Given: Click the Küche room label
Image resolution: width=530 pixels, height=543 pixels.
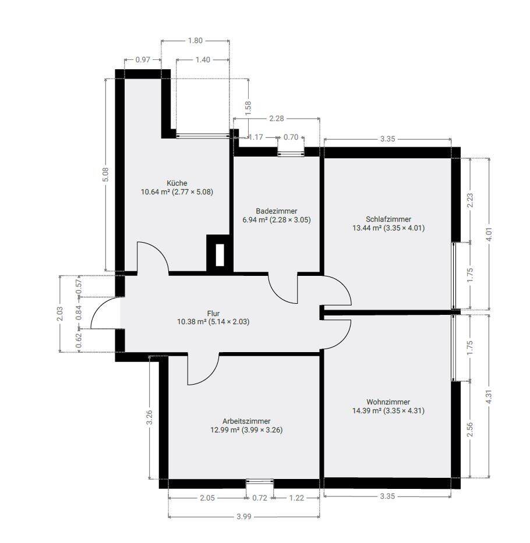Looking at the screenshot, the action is click(177, 183).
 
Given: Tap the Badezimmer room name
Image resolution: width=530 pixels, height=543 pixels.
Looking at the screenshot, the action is click(277, 211).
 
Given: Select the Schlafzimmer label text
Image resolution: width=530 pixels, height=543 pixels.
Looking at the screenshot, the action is click(388, 219).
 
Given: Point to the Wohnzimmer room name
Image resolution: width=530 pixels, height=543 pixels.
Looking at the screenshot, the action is click(388, 402).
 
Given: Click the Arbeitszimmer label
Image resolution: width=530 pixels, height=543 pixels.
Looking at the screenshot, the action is click(246, 421).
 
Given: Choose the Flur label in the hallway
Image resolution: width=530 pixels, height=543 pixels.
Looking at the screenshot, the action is click(213, 313).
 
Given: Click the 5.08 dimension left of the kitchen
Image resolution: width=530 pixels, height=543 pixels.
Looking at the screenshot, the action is click(106, 175).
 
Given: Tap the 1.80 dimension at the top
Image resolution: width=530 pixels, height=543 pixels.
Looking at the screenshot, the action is click(195, 41).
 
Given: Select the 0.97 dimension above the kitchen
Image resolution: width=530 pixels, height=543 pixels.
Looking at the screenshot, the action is click(143, 59).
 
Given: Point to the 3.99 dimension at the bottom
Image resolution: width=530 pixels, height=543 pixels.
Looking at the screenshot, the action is click(243, 516).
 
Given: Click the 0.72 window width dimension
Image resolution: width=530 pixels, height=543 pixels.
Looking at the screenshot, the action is click(260, 498).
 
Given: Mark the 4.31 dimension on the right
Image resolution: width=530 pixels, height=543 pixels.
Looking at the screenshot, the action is click(489, 396).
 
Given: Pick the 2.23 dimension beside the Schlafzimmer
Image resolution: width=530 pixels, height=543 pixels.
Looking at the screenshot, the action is click(470, 200).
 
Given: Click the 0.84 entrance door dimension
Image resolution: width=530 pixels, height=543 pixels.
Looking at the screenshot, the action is click(79, 313).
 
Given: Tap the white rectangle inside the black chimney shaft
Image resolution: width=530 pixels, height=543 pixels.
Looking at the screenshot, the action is click(220, 255).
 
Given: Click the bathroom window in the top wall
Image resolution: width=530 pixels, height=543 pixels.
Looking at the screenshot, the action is click(291, 152).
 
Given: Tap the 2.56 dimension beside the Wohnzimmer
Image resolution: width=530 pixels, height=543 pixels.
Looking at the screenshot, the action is click(470, 430).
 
